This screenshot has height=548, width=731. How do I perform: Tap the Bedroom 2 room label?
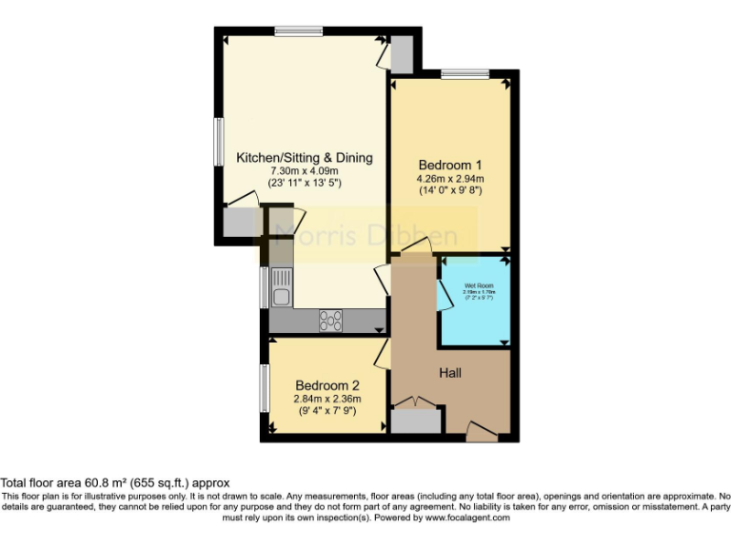click(x=327, y=384)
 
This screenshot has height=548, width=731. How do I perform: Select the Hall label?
click(x=450, y=372)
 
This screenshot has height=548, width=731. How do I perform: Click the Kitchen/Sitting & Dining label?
click(x=305, y=157)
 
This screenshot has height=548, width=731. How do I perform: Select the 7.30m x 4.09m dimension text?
click(x=305, y=170)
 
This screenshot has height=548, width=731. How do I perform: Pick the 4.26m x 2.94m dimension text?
click(x=451, y=178)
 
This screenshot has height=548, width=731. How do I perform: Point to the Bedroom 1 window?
click(x=464, y=73)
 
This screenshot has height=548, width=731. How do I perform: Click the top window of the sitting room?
click(x=298, y=31)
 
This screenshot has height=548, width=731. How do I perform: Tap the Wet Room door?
click(x=444, y=294)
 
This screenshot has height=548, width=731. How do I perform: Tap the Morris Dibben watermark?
click(x=365, y=236)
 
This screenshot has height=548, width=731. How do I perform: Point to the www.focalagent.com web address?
click(x=466, y=519)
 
